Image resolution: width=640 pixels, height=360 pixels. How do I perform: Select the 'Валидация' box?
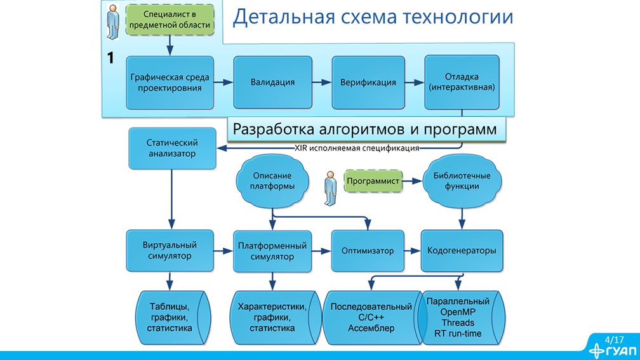272,83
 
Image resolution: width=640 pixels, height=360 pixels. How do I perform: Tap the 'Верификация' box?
368,83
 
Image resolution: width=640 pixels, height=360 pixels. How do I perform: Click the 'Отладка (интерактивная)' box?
462,83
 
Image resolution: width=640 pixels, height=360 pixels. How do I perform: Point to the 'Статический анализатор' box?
172,148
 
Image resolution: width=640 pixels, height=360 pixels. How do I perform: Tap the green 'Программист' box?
373,182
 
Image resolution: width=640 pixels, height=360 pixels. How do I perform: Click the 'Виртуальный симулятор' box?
170,250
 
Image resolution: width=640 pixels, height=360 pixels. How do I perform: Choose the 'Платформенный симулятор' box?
272,250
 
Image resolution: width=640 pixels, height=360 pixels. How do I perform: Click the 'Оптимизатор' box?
368,250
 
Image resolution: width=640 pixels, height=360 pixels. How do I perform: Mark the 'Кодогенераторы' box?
462,250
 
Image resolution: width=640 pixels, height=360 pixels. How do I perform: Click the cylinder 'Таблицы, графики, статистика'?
170,317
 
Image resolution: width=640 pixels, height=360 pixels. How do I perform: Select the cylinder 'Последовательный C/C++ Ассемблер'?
371,317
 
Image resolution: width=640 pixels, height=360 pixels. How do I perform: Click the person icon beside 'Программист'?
330,188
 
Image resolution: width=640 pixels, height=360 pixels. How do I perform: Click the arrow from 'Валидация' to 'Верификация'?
323,83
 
